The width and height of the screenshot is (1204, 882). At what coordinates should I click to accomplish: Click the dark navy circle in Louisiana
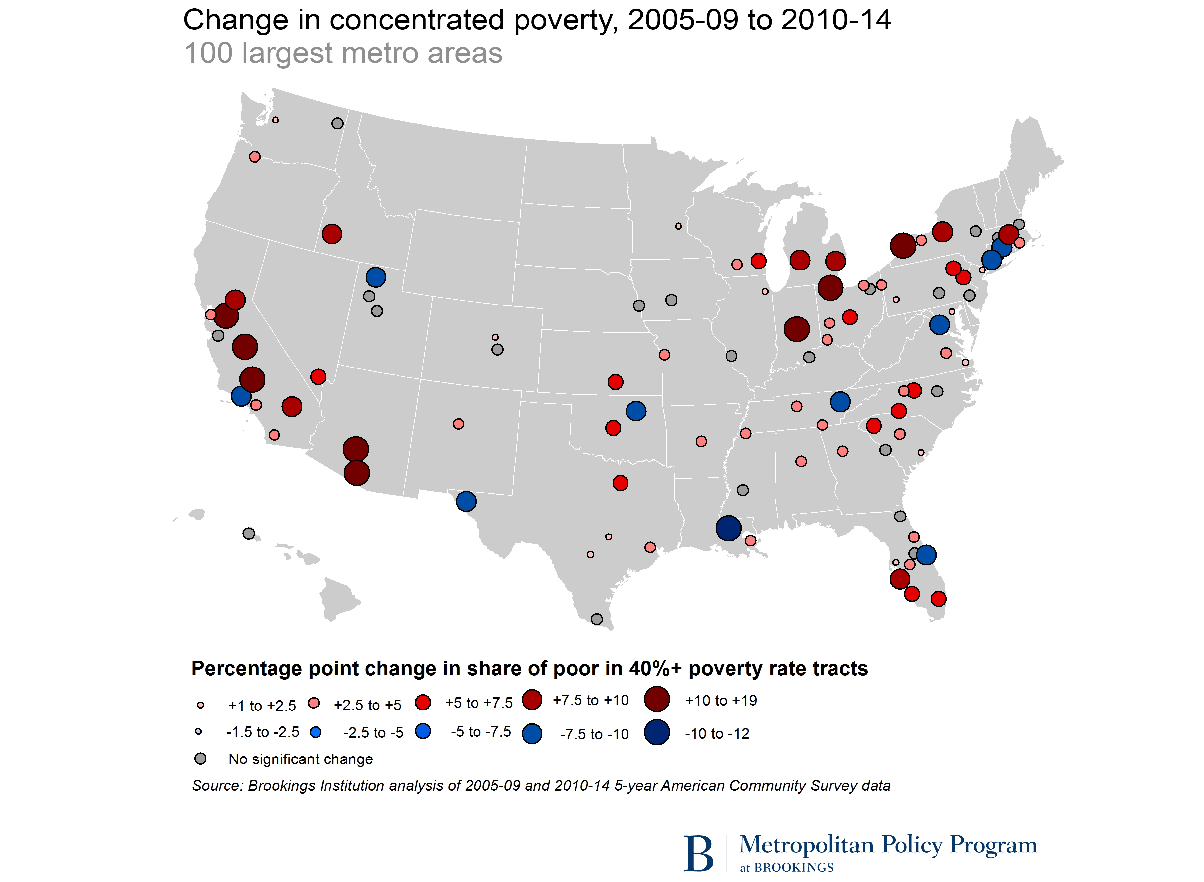pos(728,528)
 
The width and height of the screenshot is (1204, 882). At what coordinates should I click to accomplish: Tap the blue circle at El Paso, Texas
pos(466,501)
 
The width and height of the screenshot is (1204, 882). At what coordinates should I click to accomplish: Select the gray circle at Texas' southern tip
pos(597,619)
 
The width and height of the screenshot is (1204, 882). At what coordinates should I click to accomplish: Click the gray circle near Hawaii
pos(249,533)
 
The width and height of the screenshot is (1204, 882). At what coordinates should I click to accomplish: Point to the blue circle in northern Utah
pos(376,277)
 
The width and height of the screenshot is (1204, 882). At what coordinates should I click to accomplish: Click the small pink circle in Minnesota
pos(678,226)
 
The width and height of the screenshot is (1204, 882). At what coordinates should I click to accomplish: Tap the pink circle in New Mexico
pos(458,424)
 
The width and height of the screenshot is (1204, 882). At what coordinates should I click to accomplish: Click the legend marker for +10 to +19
pos(657,699)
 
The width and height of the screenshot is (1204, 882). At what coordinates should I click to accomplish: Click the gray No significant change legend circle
pos(200,759)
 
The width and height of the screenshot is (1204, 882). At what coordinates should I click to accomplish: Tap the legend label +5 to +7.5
pos(478,703)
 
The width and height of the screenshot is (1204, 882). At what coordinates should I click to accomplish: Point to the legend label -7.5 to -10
pos(594,734)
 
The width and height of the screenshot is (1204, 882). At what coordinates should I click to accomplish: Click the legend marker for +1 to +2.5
pos(201,705)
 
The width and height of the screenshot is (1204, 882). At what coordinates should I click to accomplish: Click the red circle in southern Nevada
pos(318,377)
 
